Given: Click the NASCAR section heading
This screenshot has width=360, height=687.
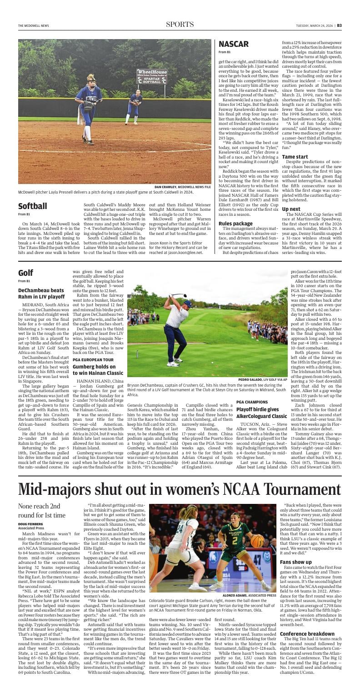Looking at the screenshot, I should [x=234, y=44].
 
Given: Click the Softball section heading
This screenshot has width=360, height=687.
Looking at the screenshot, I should [x=33, y=206].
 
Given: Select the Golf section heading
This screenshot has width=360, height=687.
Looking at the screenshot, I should [x=25, y=273].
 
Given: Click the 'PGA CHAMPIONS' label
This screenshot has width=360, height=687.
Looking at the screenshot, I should [x=252, y=402].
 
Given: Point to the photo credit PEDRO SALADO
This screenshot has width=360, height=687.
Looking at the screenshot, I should [x=252, y=379].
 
